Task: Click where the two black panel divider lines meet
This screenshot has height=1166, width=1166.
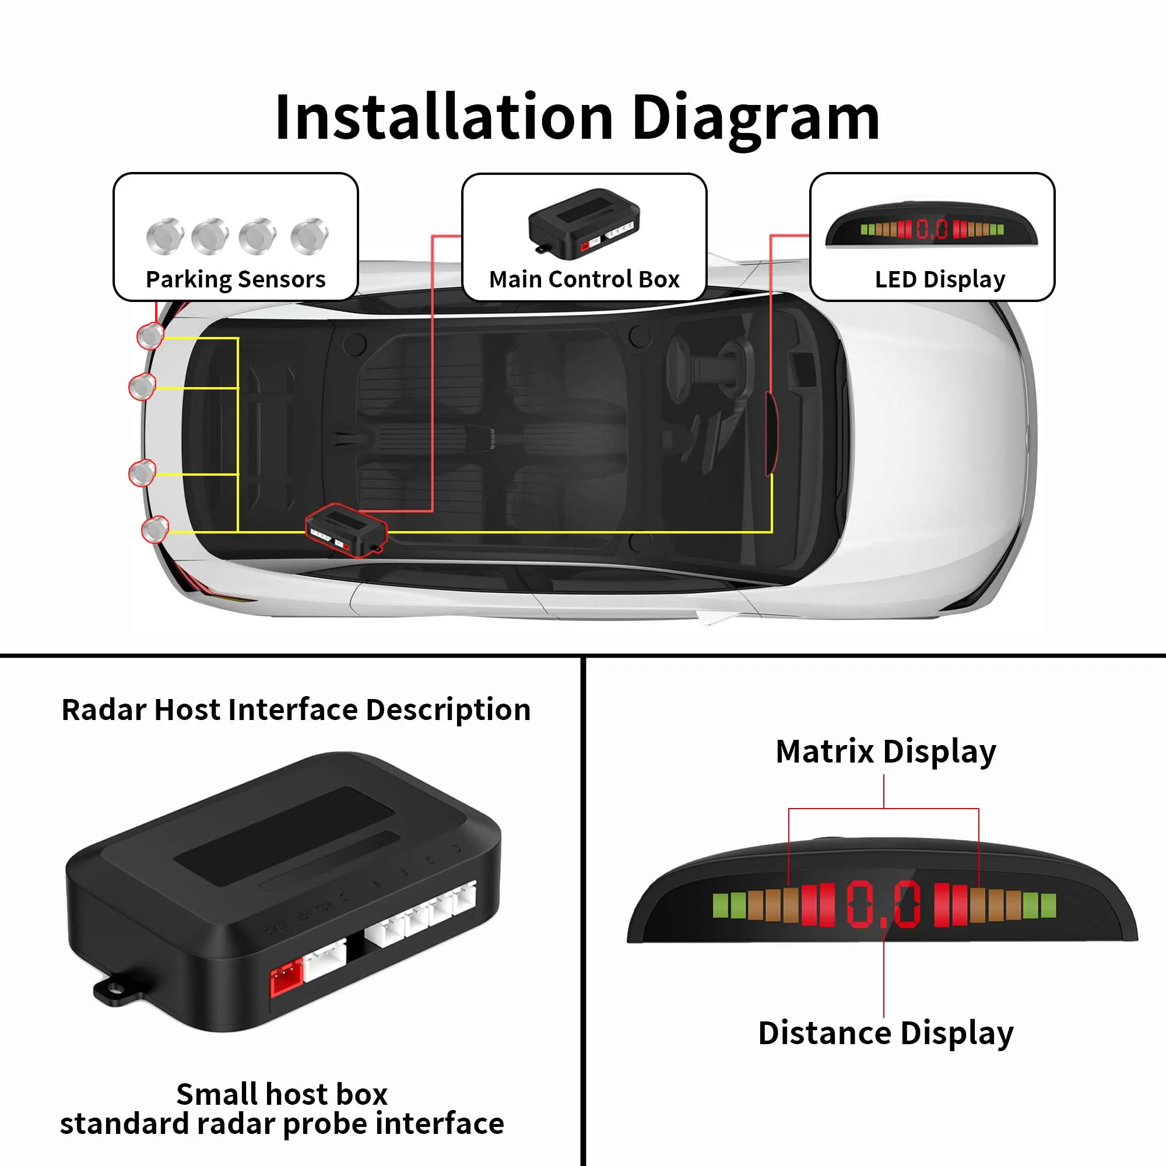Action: [583, 655]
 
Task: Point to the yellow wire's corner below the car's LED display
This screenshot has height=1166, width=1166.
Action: [772, 532]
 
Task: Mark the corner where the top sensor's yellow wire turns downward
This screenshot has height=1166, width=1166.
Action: [238, 339]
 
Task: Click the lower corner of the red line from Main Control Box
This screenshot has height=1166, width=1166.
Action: [433, 511]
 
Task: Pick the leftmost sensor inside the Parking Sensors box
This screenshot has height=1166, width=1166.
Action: [165, 236]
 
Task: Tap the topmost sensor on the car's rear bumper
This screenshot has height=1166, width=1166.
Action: [150, 336]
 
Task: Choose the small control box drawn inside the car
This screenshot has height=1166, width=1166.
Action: [346, 531]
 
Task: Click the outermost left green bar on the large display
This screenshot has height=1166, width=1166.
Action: [721, 905]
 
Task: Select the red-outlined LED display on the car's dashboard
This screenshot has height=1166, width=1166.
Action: [771, 433]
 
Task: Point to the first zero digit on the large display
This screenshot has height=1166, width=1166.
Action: [859, 904]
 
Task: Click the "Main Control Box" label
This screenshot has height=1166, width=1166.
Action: [584, 279]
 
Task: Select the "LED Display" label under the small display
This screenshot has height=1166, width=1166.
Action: [940, 280]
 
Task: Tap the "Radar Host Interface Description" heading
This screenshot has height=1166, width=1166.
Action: [296, 710]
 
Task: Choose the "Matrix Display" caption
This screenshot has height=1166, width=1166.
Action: [886, 752]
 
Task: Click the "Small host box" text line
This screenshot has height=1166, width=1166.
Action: [282, 1094]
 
